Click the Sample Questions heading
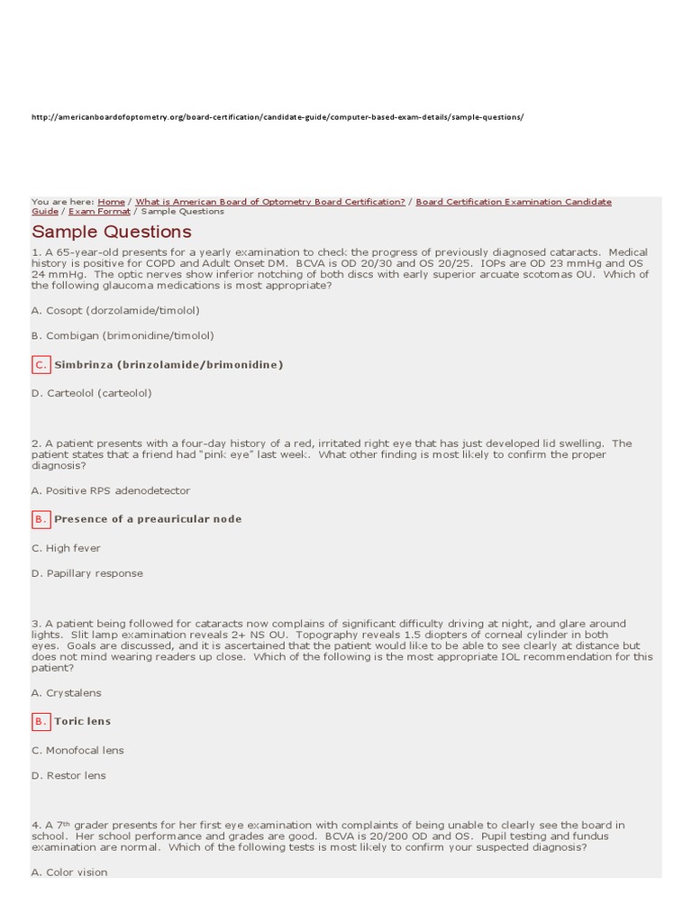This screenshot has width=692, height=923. tap(112, 233)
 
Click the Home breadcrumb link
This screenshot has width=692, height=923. tap(111, 202)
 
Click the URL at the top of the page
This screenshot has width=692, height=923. tap(278, 117)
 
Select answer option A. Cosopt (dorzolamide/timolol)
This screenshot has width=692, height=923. tap(115, 310)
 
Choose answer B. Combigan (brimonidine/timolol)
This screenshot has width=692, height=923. tap(123, 335)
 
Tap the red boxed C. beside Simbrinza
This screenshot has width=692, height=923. tap(41, 364)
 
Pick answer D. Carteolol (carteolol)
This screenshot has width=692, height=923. tap(91, 393)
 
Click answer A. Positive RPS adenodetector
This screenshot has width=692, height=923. tap(110, 490)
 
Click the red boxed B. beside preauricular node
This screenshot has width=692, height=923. tap(41, 519)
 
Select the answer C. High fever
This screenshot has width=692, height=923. tap(66, 548)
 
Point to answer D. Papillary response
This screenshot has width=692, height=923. tap(86, 573)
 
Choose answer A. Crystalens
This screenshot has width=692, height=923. tap(66, 692)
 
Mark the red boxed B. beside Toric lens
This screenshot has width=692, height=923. tap(41, 721)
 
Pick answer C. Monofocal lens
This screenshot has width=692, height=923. tap(77, 750)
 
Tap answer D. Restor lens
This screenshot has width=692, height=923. tap(68, 775)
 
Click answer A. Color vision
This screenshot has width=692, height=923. tap(69, 873)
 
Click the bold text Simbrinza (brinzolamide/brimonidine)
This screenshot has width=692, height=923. tap(168, 364)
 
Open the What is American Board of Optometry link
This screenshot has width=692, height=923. tap(270, 202)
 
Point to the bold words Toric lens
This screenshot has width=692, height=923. tap(83, 721)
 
